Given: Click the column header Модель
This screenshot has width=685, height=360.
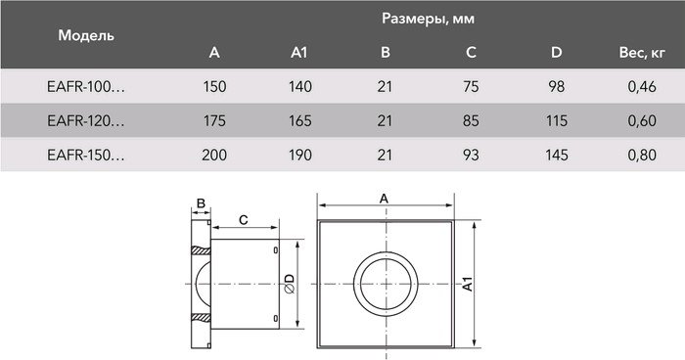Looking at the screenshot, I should point(87,35).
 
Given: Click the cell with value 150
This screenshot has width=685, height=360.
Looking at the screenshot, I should point(215,88).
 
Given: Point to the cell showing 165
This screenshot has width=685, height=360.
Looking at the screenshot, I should point(300,121).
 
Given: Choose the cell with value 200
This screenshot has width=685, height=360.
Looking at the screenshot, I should point(215,155).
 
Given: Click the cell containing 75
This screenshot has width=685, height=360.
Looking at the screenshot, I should point(471,88).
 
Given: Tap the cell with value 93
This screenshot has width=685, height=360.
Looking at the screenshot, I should point(471,155).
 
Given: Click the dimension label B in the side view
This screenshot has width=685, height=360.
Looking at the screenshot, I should point(201,203).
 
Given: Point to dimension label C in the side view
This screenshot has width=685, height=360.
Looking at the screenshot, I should point(243,220).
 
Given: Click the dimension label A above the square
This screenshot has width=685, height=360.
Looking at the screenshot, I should point(384,199).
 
